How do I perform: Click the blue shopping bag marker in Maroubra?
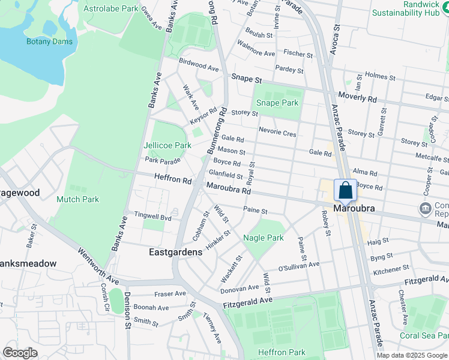tap(345, 191)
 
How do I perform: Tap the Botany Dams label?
tap(49, 41)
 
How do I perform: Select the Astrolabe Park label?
tap(111, 9)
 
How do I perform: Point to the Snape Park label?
tap(277, 103)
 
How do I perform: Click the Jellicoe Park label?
tap(167, 145)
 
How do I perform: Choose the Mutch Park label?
tap(77, 199)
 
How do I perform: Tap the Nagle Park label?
tap(263, 238)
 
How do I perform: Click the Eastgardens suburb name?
tap(175, 253)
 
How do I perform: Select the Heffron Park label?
tap(282, 352)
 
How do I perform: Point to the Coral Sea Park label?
tap(424, 335)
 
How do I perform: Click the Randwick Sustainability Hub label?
tap(406, 8)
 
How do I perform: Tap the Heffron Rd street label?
tap(172, 179)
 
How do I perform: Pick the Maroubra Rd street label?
tap(228, 190)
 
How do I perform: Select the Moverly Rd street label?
tap(357, 97)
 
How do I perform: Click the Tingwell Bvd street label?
tap(152, 217)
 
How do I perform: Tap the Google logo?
tap(20, 353)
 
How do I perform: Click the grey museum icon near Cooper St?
tap(425, 208)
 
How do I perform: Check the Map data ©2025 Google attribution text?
tap(412, 355)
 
